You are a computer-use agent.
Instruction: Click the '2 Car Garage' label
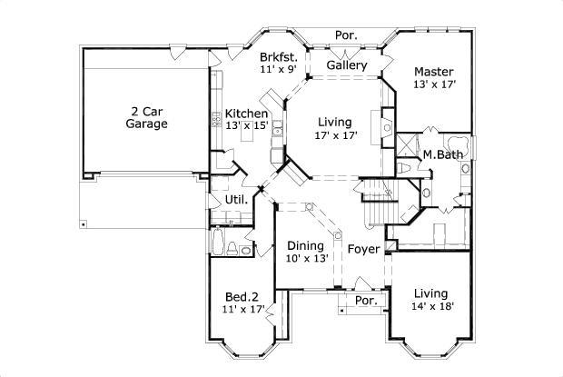tap(146, 116)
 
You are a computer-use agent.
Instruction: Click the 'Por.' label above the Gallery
tap(347, 35)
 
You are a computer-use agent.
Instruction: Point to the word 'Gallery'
tap(346, 65)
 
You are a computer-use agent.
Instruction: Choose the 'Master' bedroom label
tap(433, 71)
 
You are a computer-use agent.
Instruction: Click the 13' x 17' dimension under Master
tap(433, 84)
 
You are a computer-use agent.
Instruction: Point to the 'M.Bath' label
tap(443, 154)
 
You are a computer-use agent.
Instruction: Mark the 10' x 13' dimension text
tap(305, 259)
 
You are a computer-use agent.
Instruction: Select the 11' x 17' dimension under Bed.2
tap(243, 309)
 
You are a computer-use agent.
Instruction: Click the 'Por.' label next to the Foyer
tap(365, 300)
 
